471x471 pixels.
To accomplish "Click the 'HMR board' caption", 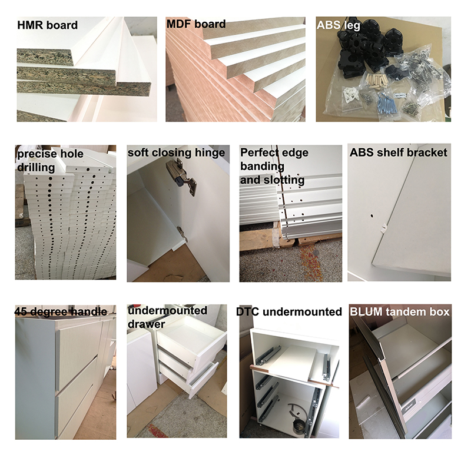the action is [48, 25].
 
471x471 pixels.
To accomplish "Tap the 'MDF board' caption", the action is [196, 24].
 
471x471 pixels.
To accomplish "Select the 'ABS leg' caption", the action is [339, 25].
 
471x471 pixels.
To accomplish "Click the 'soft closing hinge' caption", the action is [176, 152].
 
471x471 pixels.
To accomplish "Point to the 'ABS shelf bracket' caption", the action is [399, 152].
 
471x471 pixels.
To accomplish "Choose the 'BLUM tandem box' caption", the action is [400, 312].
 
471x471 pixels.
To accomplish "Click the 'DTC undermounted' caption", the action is [289, 312].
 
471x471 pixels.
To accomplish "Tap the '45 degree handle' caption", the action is [61, 312].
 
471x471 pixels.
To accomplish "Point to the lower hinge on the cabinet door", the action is [182, 234].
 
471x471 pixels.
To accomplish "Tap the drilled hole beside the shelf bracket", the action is [372, 215].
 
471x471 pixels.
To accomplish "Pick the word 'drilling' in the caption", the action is [36, 167].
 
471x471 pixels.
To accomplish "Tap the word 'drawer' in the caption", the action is [146, 324].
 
